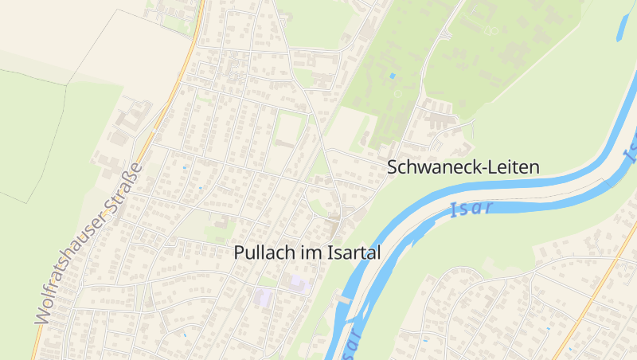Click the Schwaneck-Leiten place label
463,167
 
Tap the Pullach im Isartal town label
307,252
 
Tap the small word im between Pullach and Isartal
310,252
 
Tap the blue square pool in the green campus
392,76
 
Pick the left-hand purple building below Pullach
263,297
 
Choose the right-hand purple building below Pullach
299,283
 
